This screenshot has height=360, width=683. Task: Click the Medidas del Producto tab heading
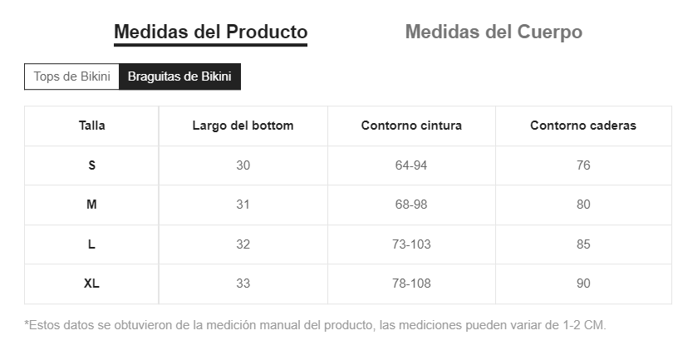click(x=210, y=32)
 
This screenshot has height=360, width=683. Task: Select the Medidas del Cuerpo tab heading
click(x=494, y=32)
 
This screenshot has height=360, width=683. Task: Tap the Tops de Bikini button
click(x=71, y=77)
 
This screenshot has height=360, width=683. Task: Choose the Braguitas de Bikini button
click(x=179, y=77)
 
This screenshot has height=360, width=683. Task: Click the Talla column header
click(x=91, y=126)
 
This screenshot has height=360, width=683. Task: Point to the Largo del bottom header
click(x=243, y=126)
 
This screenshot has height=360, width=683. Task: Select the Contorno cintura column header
click(x=411, y=126)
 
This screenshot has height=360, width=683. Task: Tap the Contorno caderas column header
click(x=583, y=126)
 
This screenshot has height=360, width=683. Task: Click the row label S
click(x=91, y=165)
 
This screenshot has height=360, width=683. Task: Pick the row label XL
click(x=91, y=284)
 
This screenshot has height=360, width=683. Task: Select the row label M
click(x=91, y=205)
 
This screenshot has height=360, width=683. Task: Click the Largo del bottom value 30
click(x=243, y=165)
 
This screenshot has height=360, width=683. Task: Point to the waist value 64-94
click(x=411, y=165)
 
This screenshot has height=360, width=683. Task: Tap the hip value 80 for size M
click(x=583, y=205)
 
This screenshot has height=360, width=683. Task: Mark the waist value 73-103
click(x=411, y=244)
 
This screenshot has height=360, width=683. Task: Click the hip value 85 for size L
click(x=583, y=244)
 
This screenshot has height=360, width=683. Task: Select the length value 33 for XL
click(x=243, y=284)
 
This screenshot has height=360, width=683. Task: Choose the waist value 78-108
click(x=411, y=284)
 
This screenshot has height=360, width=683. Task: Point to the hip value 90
click(x=583, y=284)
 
